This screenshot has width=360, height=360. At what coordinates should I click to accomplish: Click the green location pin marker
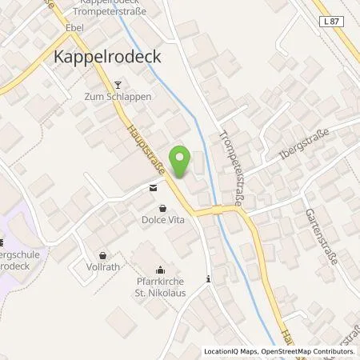coord(182,162)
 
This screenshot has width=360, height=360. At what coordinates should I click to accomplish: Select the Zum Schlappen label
coord(118,99)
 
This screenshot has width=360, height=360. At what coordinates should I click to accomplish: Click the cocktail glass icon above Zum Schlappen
coord(118,85)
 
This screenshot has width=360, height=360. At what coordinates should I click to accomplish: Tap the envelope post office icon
coord(152,189)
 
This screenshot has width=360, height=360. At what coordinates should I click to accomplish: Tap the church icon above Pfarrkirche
coord(160,270)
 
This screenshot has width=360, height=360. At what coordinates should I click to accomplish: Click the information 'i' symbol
coord(209,279)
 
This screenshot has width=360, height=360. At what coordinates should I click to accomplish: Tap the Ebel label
coord(75,27)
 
